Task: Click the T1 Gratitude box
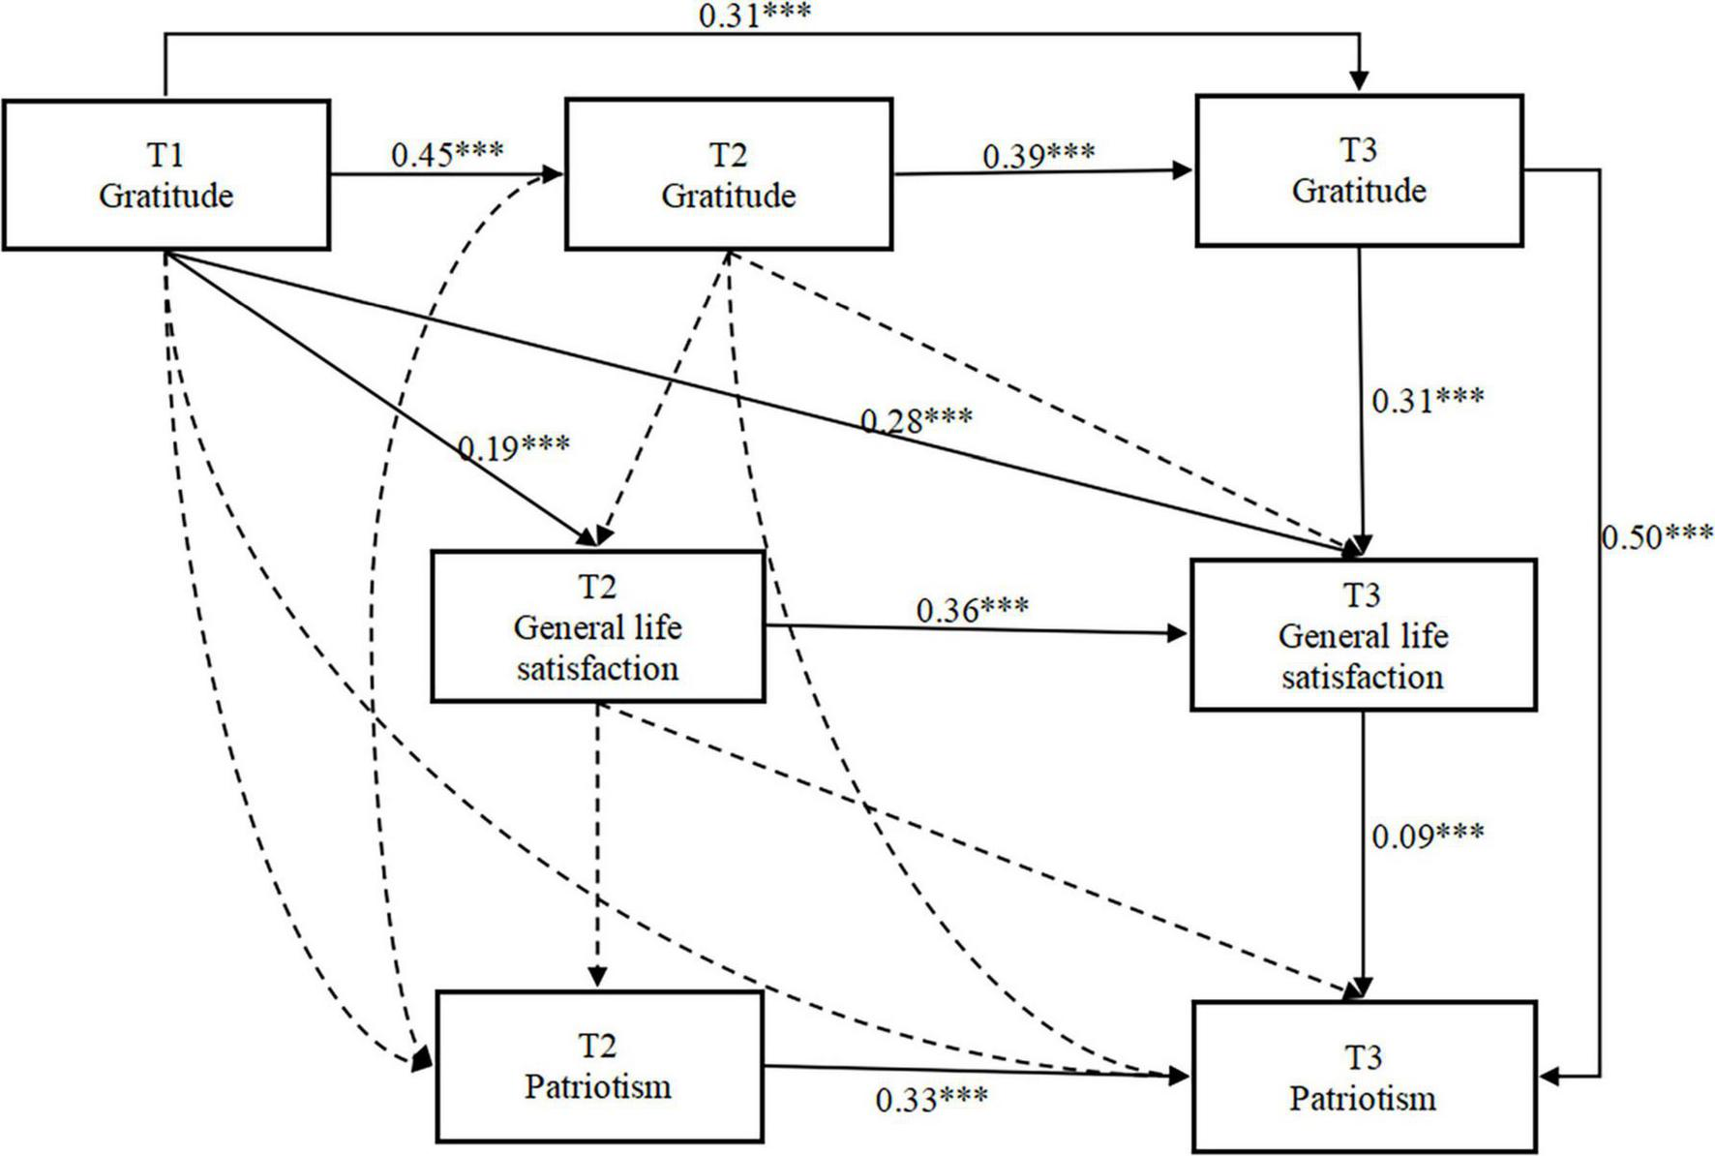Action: coord(165,175)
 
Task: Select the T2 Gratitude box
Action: coord(728,174)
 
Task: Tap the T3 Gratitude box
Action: coord(1359,170)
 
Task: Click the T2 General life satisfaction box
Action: coord(597,626)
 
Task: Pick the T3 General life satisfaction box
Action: coord(1363,635)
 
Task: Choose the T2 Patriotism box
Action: coord(598,1066)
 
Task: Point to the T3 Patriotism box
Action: coord(1363,1078)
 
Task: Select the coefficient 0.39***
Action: coord(1038,155)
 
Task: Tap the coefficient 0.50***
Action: coord(1657,536)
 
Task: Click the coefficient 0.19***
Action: coord(514,447)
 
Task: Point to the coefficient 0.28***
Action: coord(917,420)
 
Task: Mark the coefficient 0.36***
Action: coord(972,610)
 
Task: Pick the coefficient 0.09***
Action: coord(1428,836)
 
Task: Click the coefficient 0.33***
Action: coord(931,1100)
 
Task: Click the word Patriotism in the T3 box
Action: coord(1363,1099)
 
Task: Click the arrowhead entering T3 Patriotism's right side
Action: coord(1550,1076)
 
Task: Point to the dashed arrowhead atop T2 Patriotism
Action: coord(598,978)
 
